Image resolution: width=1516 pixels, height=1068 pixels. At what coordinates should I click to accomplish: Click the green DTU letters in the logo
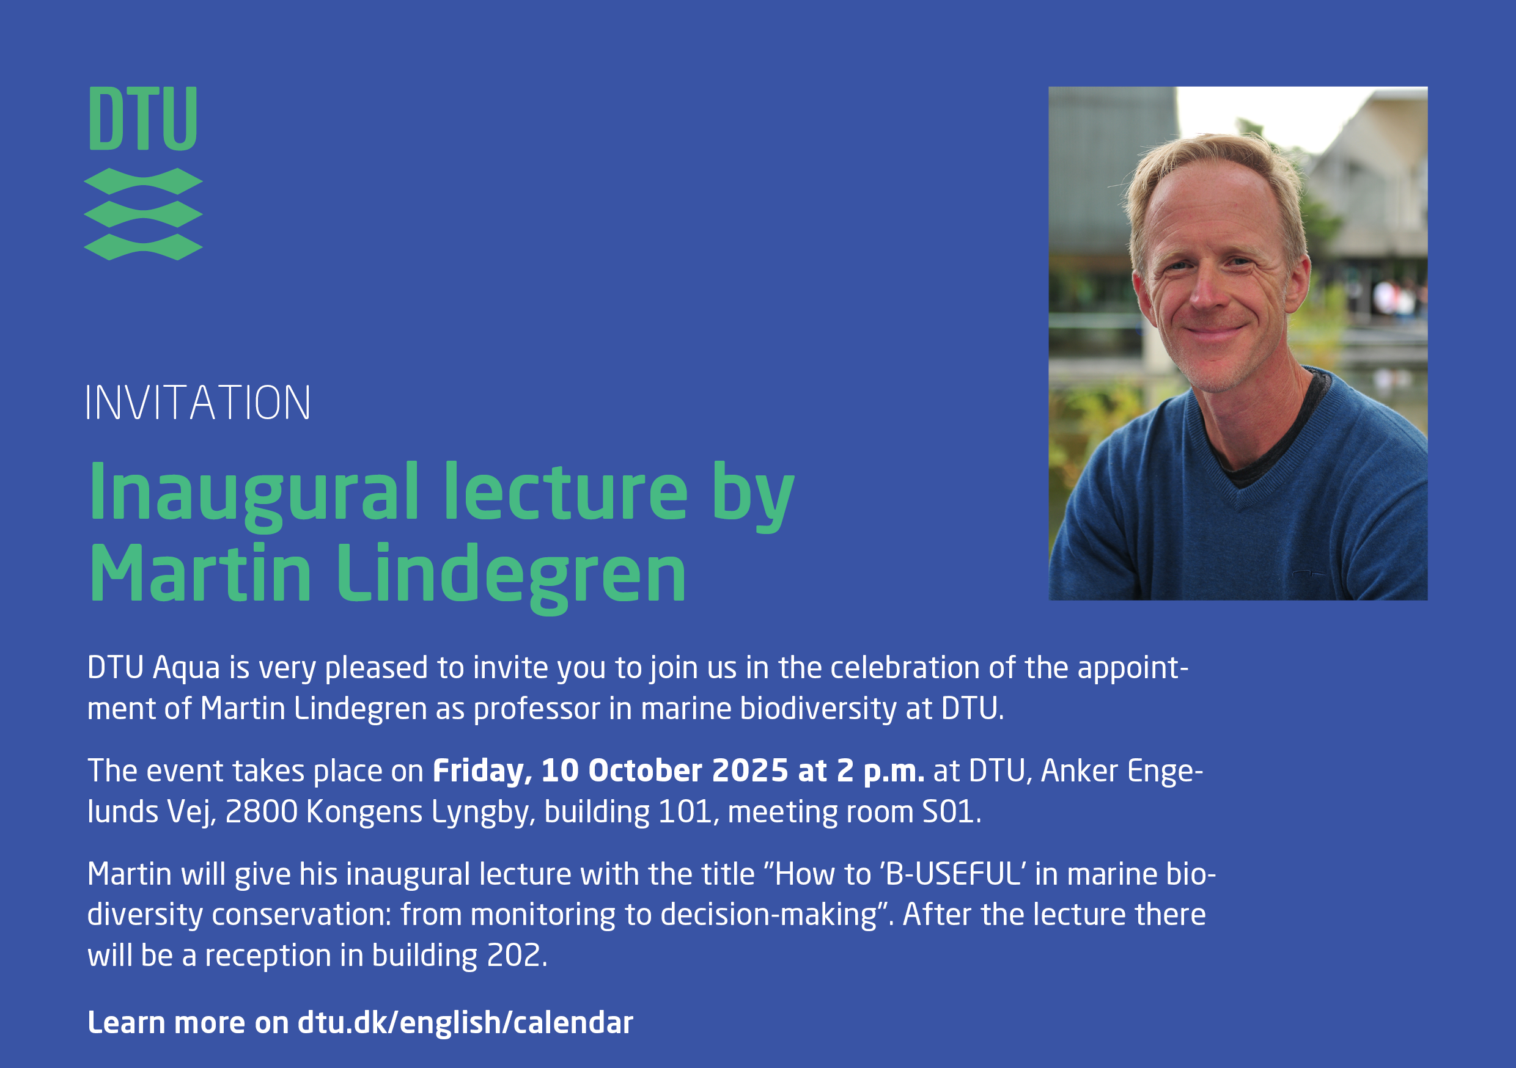point(143,119)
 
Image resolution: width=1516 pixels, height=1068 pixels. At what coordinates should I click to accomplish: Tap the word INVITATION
point(198,403)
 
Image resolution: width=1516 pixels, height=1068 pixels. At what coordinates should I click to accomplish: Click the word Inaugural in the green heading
point(254,494)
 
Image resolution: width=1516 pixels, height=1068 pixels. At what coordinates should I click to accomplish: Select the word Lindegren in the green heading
point(512,575)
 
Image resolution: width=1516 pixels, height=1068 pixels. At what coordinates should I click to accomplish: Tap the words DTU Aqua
point(153,668)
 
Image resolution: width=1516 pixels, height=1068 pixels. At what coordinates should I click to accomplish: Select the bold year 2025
point(750,770)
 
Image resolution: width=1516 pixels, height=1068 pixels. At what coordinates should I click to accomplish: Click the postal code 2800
point(262,812)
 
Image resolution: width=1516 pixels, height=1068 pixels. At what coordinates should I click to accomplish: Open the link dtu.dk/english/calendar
point(465,1022)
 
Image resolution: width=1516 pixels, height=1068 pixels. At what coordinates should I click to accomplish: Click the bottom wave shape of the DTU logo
point(143,247)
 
